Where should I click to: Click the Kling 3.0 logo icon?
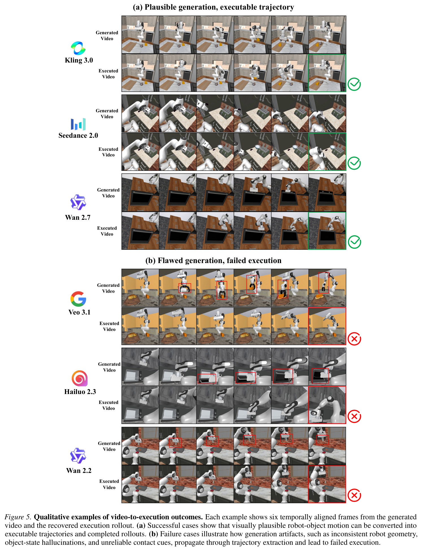coord(78,48)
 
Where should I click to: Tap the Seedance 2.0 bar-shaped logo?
coord(78,124)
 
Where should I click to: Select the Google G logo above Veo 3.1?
coord(78,299)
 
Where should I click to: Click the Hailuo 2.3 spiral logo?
coord(79,378)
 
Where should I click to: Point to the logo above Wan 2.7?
coord(78,202)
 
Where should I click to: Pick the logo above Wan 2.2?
coord(78,455)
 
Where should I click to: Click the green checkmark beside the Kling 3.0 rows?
coord(354,84)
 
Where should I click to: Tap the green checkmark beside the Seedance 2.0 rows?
coord(354,163)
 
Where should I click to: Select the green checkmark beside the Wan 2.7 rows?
coord(354,242)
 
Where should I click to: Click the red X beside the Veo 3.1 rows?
coord(354,339)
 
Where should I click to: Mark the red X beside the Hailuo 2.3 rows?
coord(354,416)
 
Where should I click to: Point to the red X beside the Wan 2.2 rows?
coord(354,495)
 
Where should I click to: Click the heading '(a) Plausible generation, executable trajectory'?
coord(214,7)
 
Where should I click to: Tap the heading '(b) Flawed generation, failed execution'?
coord(214,261)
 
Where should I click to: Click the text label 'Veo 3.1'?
coord(79,312)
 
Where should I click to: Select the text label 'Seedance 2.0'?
coord(78,135)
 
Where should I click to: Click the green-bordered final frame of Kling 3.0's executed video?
coord(327,73)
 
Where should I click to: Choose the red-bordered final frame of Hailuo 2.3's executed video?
coord(327,405)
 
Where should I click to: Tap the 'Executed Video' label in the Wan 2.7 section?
coord(107,231)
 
